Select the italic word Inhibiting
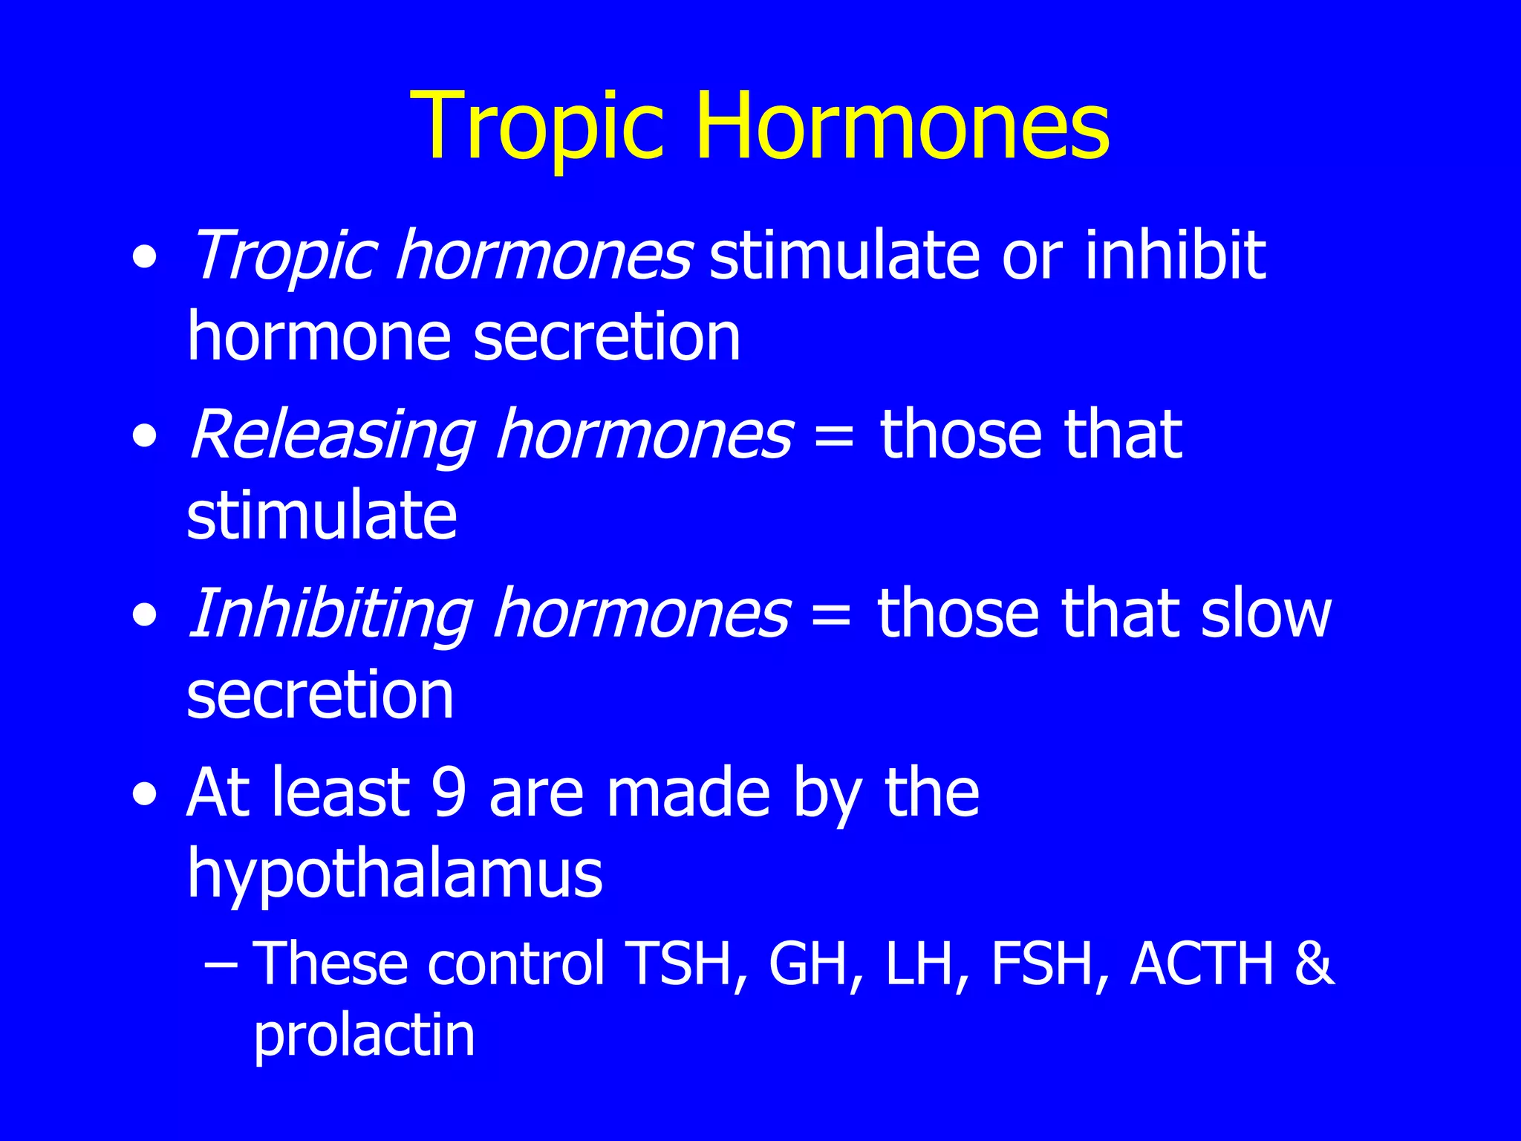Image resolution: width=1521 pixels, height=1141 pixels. pos(330,614)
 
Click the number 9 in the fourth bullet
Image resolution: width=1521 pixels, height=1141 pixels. pos(449,793)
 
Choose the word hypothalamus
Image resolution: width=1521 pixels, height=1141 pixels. pos(394,875)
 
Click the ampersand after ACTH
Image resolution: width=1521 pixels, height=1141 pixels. pos(1313,964)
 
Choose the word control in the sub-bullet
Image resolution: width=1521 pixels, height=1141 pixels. pos(516,964)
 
